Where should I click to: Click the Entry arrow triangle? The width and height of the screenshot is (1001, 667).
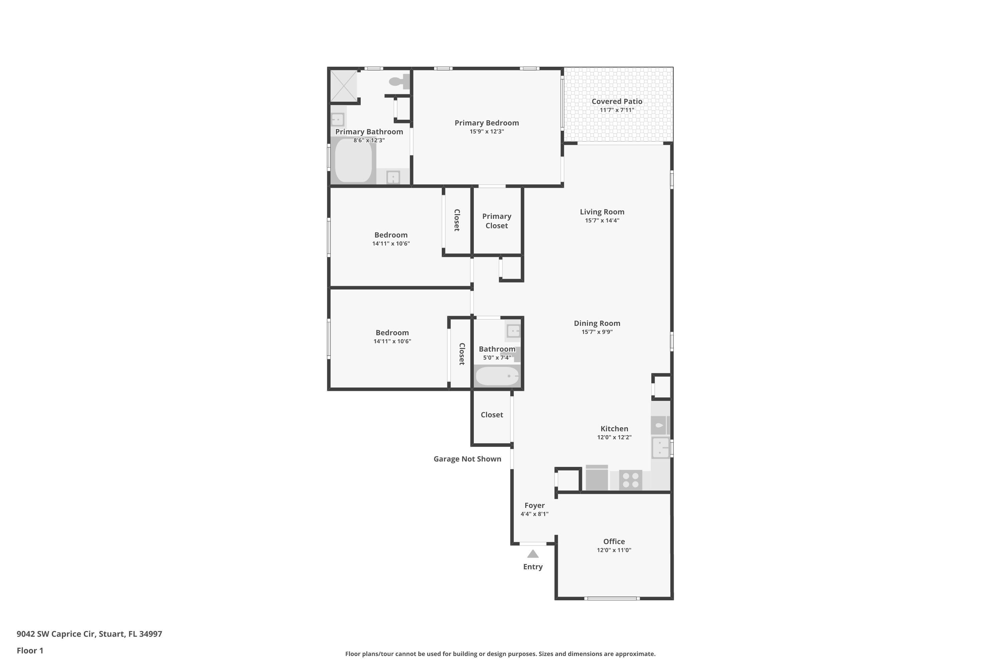[533, 554]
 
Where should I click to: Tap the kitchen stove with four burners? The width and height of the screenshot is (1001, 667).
[630, 480]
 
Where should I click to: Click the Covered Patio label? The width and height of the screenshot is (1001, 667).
[617, 101]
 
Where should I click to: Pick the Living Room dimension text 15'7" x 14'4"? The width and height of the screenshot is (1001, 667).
[602, 220]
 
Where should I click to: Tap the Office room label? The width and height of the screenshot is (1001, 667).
[614, 542]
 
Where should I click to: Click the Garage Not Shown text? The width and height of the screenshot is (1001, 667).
[467, 459]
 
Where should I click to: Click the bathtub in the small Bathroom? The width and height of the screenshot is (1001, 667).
[497, 376]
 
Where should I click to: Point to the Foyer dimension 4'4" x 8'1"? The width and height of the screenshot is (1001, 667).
[534, 514]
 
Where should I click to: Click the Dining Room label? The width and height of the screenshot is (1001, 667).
[597, 323]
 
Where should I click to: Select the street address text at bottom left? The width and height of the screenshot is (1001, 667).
[89, 634]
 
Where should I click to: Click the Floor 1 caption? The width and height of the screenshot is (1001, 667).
[30, 650]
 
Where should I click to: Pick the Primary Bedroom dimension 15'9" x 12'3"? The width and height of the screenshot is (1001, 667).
[486, 131]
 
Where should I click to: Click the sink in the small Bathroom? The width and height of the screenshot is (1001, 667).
[513, 331]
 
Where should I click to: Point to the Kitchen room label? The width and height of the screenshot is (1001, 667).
[614, 429]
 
